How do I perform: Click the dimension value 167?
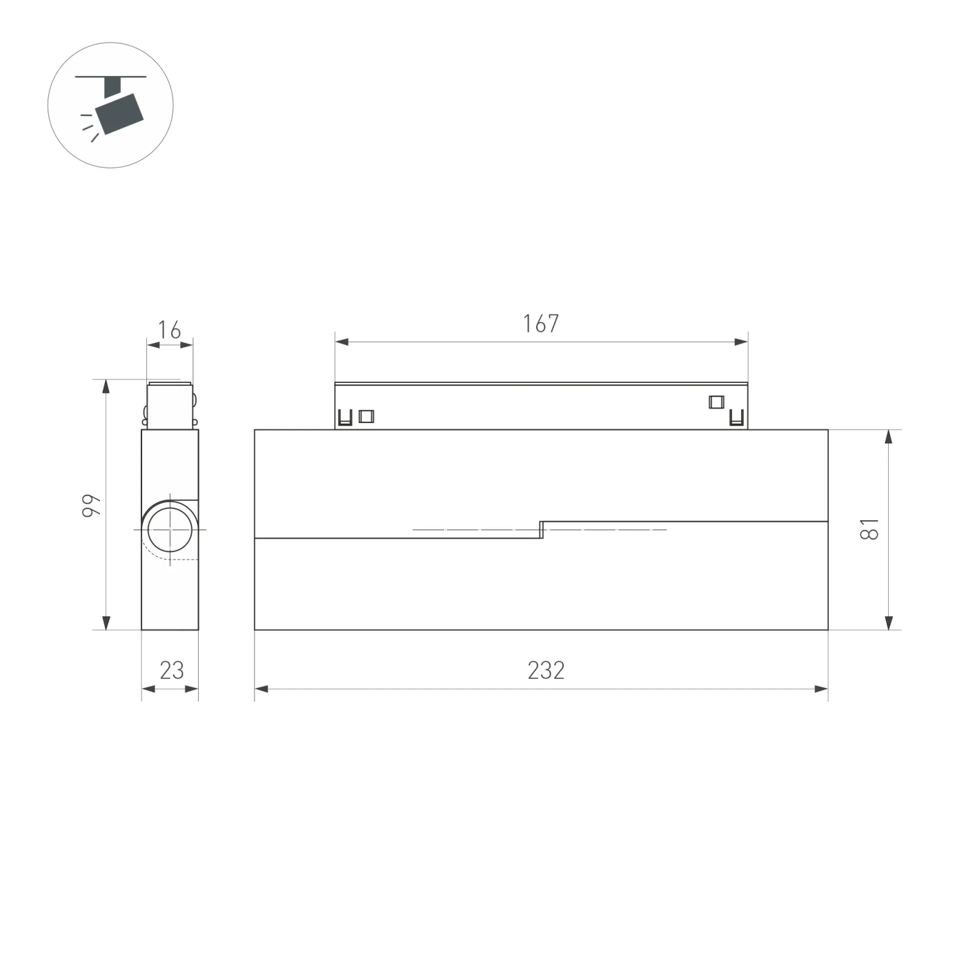(541, 324)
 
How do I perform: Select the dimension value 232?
(546, 671)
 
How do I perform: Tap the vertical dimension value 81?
(871, 529)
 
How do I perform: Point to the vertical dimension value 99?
(92, 505)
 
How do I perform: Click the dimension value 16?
(169, 331)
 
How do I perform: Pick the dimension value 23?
(172, 671)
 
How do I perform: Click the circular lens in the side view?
(168, 529)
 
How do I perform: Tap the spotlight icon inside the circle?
(118, 108)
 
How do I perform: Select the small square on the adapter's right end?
(716, 402)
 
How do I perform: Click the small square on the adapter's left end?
(366, 416)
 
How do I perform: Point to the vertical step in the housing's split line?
(542, 529)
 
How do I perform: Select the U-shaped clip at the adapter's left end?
(345, 417)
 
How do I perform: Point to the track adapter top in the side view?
(170, 404)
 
